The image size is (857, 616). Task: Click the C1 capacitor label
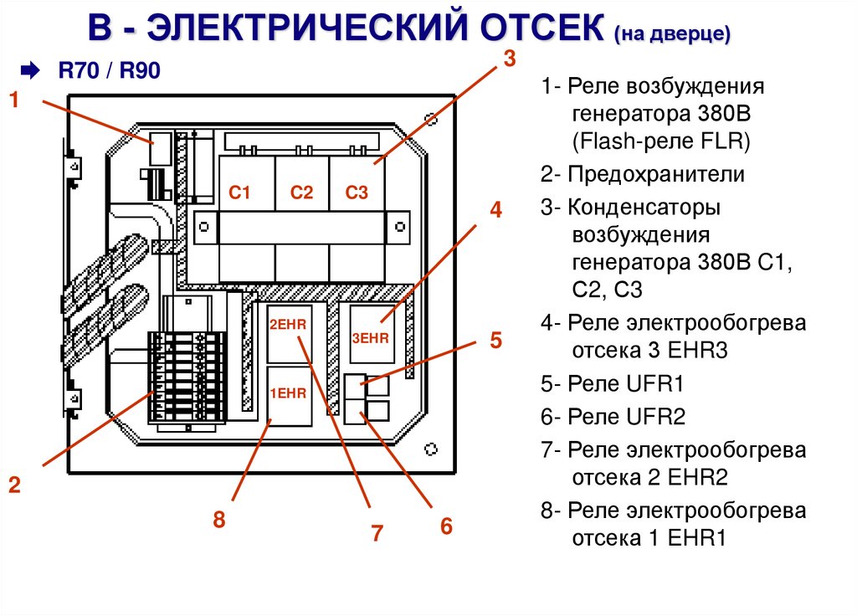(239, 192)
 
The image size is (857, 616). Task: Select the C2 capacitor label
(301, 192)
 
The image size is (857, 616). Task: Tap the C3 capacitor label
(357, 192)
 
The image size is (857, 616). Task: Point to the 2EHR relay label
(288, 325)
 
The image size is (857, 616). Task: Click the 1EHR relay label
(288, 393)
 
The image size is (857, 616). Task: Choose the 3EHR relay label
(370, 338)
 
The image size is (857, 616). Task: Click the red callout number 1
(14, 100)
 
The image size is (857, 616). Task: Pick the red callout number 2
(14, 485)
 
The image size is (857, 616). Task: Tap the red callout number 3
(510, 58)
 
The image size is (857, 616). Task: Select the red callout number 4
(495, 209)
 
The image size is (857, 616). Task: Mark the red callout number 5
(495, 340)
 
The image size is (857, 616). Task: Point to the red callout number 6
(447, 526)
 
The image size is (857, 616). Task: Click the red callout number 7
(377, 533)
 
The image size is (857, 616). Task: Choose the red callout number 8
(219, 519)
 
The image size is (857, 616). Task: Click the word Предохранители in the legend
(656, 174)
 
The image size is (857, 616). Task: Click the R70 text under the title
(79, 70)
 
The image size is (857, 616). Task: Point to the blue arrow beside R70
(30, 70)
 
